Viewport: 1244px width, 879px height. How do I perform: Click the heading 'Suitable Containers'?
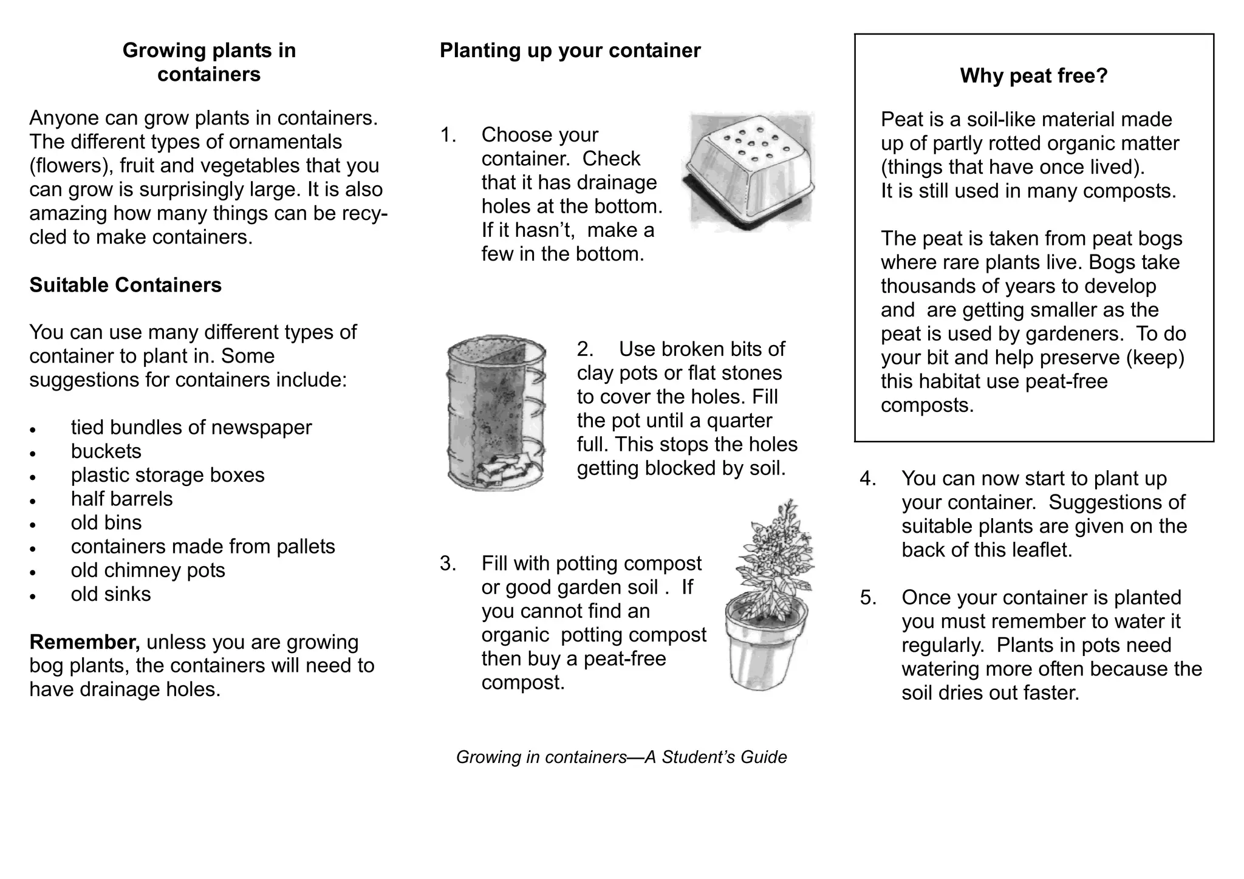[x=125, y=285]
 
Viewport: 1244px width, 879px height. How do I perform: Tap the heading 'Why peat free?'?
[x=1033, y=76]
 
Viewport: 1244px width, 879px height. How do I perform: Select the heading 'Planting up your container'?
[x=570, y=50]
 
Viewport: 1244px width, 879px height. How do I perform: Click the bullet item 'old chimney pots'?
[x=148, y=570]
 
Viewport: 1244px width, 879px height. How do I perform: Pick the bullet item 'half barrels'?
[x=121, y=499]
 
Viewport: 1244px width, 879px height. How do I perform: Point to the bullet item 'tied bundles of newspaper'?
[x=191, y=428]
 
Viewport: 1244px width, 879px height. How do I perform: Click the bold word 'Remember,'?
[x=84, y=642]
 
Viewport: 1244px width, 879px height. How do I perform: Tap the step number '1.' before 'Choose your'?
[x=448, y=135]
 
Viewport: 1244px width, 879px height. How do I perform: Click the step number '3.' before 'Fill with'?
[x=448, y=564]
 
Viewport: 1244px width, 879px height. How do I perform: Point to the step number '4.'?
[x=867, y=479]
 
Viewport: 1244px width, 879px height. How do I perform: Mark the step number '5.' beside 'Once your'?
[x=867, y=598]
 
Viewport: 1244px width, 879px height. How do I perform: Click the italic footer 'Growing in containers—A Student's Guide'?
[x=621, y=757]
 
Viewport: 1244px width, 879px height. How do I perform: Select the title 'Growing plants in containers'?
[x=209, y=62]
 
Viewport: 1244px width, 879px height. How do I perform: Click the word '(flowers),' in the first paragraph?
[x=72, y=166]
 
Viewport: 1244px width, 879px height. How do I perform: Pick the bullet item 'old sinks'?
[x=111, y=594]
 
